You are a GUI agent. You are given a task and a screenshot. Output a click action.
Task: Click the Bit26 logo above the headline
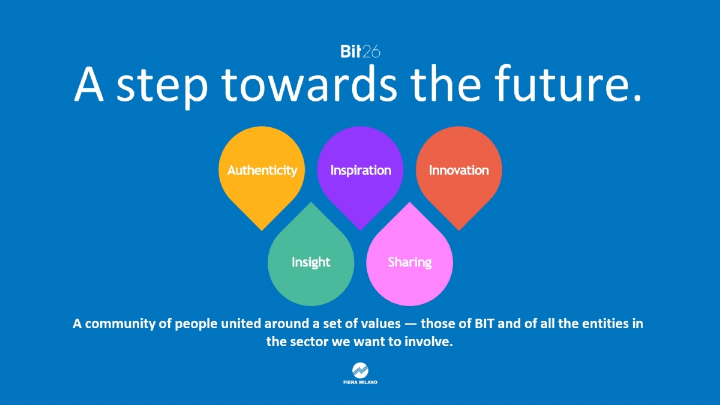(x=361, y=52)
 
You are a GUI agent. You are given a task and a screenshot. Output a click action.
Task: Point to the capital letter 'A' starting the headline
(x=89, y=85)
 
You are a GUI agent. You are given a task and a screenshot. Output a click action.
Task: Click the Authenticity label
(x=262, y=170)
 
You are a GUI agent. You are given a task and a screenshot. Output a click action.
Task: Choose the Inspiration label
(x=361, y=170)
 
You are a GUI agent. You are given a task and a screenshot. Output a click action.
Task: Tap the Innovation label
(x=458, y=170)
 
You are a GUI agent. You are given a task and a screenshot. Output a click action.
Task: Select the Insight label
(x=311, y=262)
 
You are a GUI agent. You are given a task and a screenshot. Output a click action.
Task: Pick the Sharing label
(x=409, y=262)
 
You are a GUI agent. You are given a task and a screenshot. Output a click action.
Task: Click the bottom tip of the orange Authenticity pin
(x=262, y=230)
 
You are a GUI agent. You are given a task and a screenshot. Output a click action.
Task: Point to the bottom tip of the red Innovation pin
(x=459, y=230)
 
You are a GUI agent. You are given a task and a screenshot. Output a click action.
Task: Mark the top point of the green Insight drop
(x=311, y=202)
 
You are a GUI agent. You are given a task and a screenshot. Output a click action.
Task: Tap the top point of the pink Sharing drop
(x=409, y=202)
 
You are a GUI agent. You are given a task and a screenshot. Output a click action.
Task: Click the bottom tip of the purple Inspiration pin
(x=361, y=230)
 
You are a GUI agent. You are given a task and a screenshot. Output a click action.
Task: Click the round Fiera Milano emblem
(x=361, y=371)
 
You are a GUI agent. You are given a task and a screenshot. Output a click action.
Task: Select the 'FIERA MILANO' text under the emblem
(x=361, y=382)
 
